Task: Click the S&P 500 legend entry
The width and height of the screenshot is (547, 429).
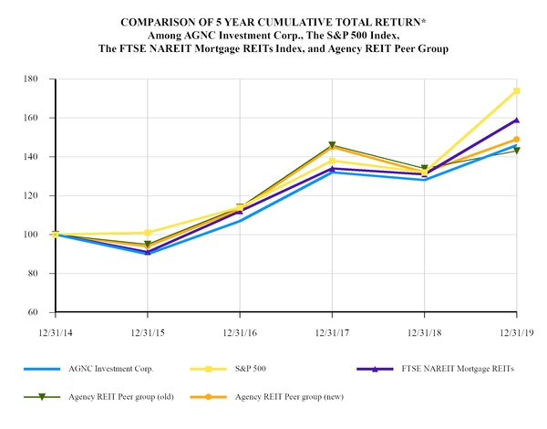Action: coord(257,370)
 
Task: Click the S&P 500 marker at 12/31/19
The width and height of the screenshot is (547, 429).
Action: coord(517,91)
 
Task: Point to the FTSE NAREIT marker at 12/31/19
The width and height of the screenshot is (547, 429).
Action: coord(517,120)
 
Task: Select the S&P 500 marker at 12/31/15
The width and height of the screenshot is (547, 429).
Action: coord(148,233)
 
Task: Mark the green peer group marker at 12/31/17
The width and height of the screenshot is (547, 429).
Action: coord(333,145)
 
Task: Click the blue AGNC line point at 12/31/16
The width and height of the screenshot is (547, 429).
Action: coord(240,220)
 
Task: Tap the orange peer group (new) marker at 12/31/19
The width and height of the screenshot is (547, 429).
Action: coord(517,140)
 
